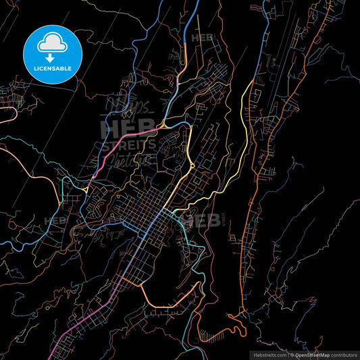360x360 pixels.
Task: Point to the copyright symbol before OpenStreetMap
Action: [292, 354]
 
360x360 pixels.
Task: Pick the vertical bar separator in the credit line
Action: [288, 354]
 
